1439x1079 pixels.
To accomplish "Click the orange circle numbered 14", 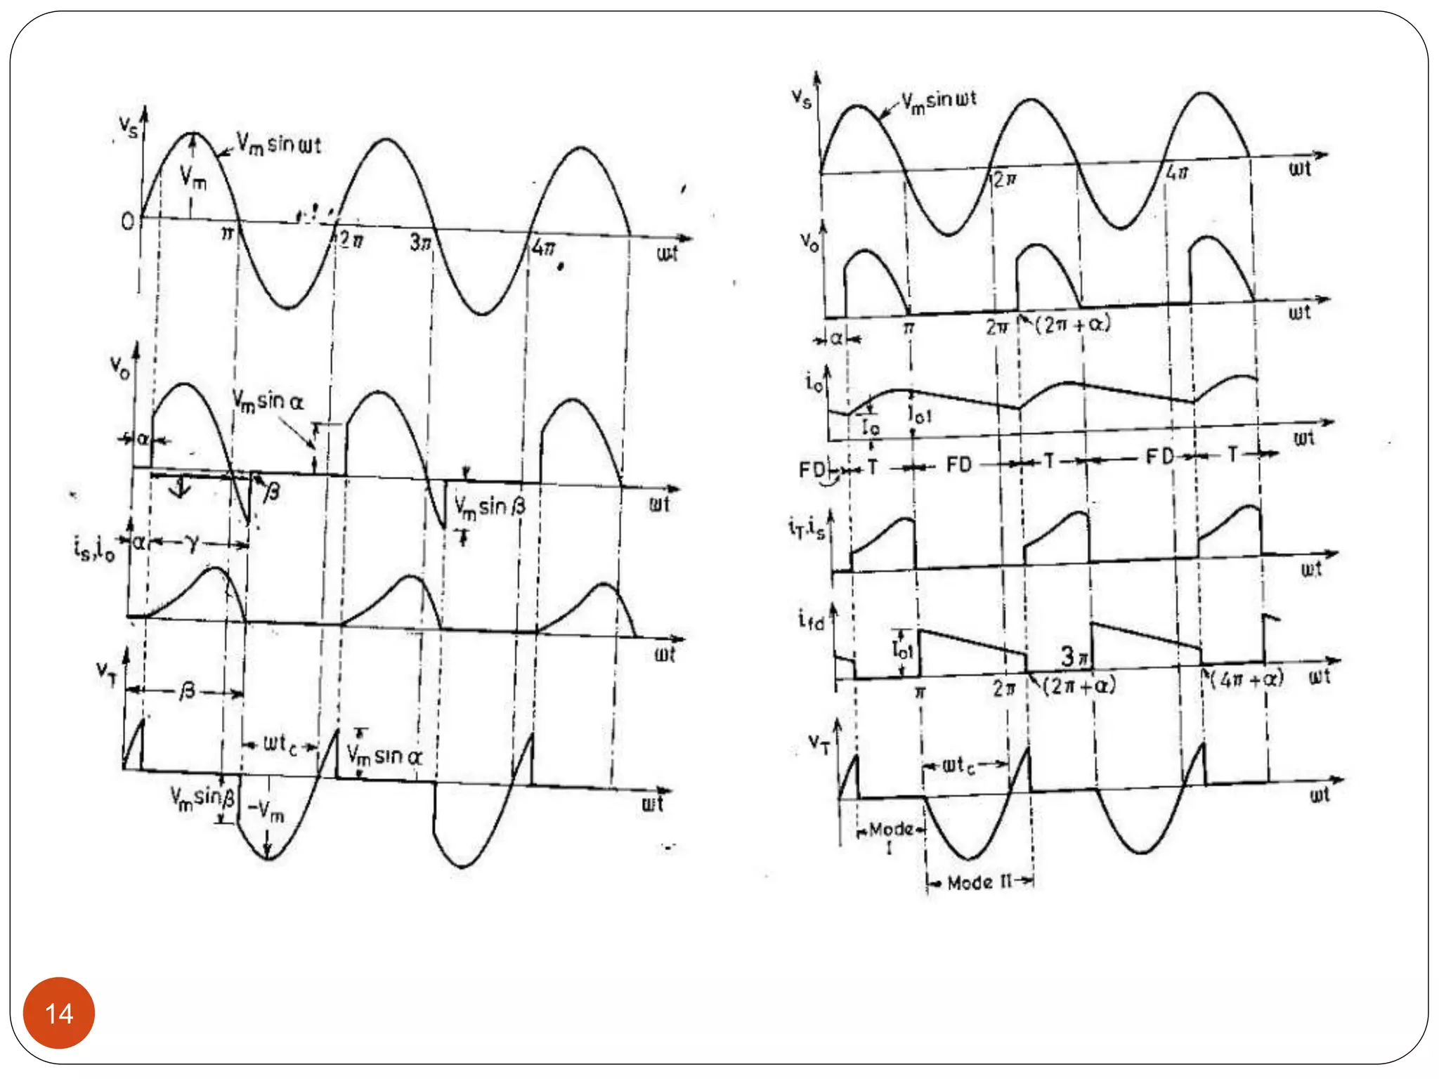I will pos(59,1013).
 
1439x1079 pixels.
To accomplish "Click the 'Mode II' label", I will pos(979,882).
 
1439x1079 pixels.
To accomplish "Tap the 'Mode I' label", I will pos(890,836).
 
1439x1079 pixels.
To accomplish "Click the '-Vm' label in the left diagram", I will pos(266,811).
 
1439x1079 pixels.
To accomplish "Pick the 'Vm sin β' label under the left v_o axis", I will pos(490,506).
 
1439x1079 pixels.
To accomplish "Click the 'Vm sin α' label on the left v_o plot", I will pos(268,402).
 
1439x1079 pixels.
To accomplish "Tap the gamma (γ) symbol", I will pos(191,542).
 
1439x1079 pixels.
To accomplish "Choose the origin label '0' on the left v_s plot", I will pos(127,222).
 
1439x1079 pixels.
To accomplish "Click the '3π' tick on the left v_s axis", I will pos(419,242).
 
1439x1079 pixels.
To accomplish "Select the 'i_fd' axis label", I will pos(811,619).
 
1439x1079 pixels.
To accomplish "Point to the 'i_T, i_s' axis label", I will pos(806,527).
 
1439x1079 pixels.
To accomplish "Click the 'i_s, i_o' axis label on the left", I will pos(94,548).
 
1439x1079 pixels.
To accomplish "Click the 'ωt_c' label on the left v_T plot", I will pos(279,743).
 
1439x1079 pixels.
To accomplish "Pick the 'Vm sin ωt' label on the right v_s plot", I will pos(939,102).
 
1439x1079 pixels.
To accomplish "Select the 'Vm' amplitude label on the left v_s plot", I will pos(193,176).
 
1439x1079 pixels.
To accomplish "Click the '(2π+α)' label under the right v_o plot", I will pos(1073,325).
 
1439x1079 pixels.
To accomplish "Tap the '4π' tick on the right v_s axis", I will pos(1177,171).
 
